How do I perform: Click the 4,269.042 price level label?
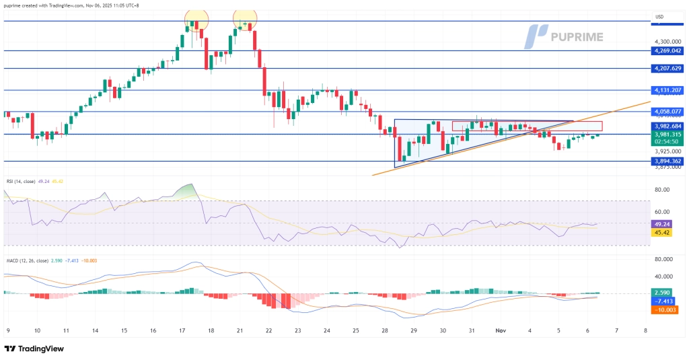click(x=668, y=50)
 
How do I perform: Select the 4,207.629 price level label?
click(x=668, y=69)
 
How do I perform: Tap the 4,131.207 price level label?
click(x=668, y=90)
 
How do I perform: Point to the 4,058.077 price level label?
click(x=668, y=112)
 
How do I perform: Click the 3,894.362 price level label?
click(x=668, y=161)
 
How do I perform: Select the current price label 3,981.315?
click(x=668, y=135)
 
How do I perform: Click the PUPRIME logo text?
click(x=577, y=36)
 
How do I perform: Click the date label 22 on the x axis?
click(x=269, y=330)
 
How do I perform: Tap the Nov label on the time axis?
click(x=501, y=330)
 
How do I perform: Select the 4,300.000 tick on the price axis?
click(x=668, y=41)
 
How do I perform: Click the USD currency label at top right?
click(x=659, y=17)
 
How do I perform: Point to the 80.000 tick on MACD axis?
click(x=665, y=259)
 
